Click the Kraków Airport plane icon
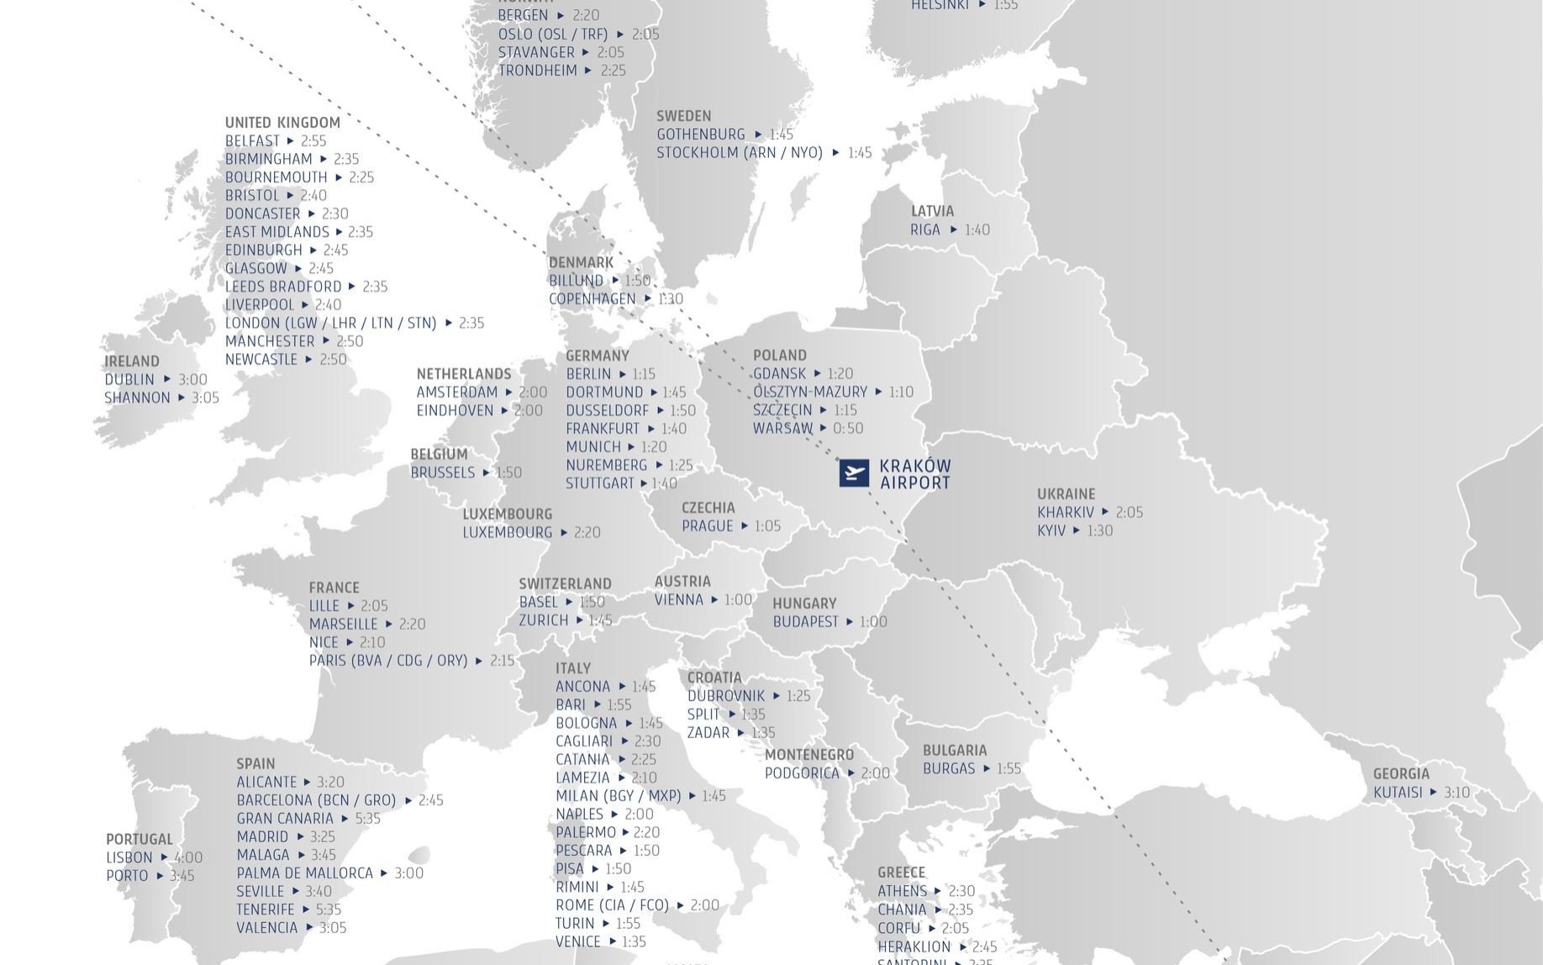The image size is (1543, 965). (854, 473)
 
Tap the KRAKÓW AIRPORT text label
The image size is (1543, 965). (915, 474)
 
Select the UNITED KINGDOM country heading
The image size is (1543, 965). (282, 123)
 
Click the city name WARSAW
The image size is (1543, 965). (782, 428)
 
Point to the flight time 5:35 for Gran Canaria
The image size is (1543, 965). (367, 819)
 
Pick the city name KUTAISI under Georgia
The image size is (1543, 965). (1398, 792)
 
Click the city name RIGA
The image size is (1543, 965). (925, 229)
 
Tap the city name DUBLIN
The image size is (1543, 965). (129, 379)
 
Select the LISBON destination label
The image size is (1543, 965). (129, 857)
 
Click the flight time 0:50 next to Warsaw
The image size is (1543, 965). (848, 428)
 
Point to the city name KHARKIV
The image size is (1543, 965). (1066, 512)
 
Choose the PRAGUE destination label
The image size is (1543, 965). (708, 526)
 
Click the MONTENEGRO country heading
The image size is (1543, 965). (809, 755)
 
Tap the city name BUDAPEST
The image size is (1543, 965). (806, 622)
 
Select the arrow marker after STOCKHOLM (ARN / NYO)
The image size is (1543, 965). (835, 153)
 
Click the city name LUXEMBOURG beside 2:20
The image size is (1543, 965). (508, 532)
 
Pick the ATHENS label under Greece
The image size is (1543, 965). (903, 891)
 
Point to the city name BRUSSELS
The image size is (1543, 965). (443, 472)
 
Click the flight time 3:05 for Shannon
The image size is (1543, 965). (205, 398)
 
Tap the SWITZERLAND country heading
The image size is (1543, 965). (565, 584)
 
